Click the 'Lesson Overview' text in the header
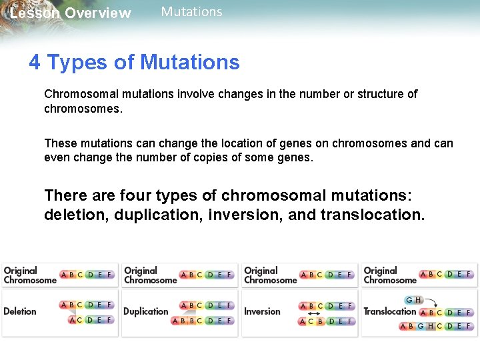click(71, 13)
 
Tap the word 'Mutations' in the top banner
click(191, 12)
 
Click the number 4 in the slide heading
click(35, 63)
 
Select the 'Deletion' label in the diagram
click(20, 311)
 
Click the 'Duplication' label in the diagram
click(145, 311)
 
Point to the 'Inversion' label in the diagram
click(262, 311)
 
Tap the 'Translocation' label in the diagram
click(390, 311)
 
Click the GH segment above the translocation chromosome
click(413, 300)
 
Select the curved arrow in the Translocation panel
click(432, 303)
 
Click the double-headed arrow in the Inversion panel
click(311, 313)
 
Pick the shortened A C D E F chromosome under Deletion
click(91, 320)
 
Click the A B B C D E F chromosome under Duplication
click(202, 321)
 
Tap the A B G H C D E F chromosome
click(436, 326)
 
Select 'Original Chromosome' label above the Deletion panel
click(30, 275)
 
